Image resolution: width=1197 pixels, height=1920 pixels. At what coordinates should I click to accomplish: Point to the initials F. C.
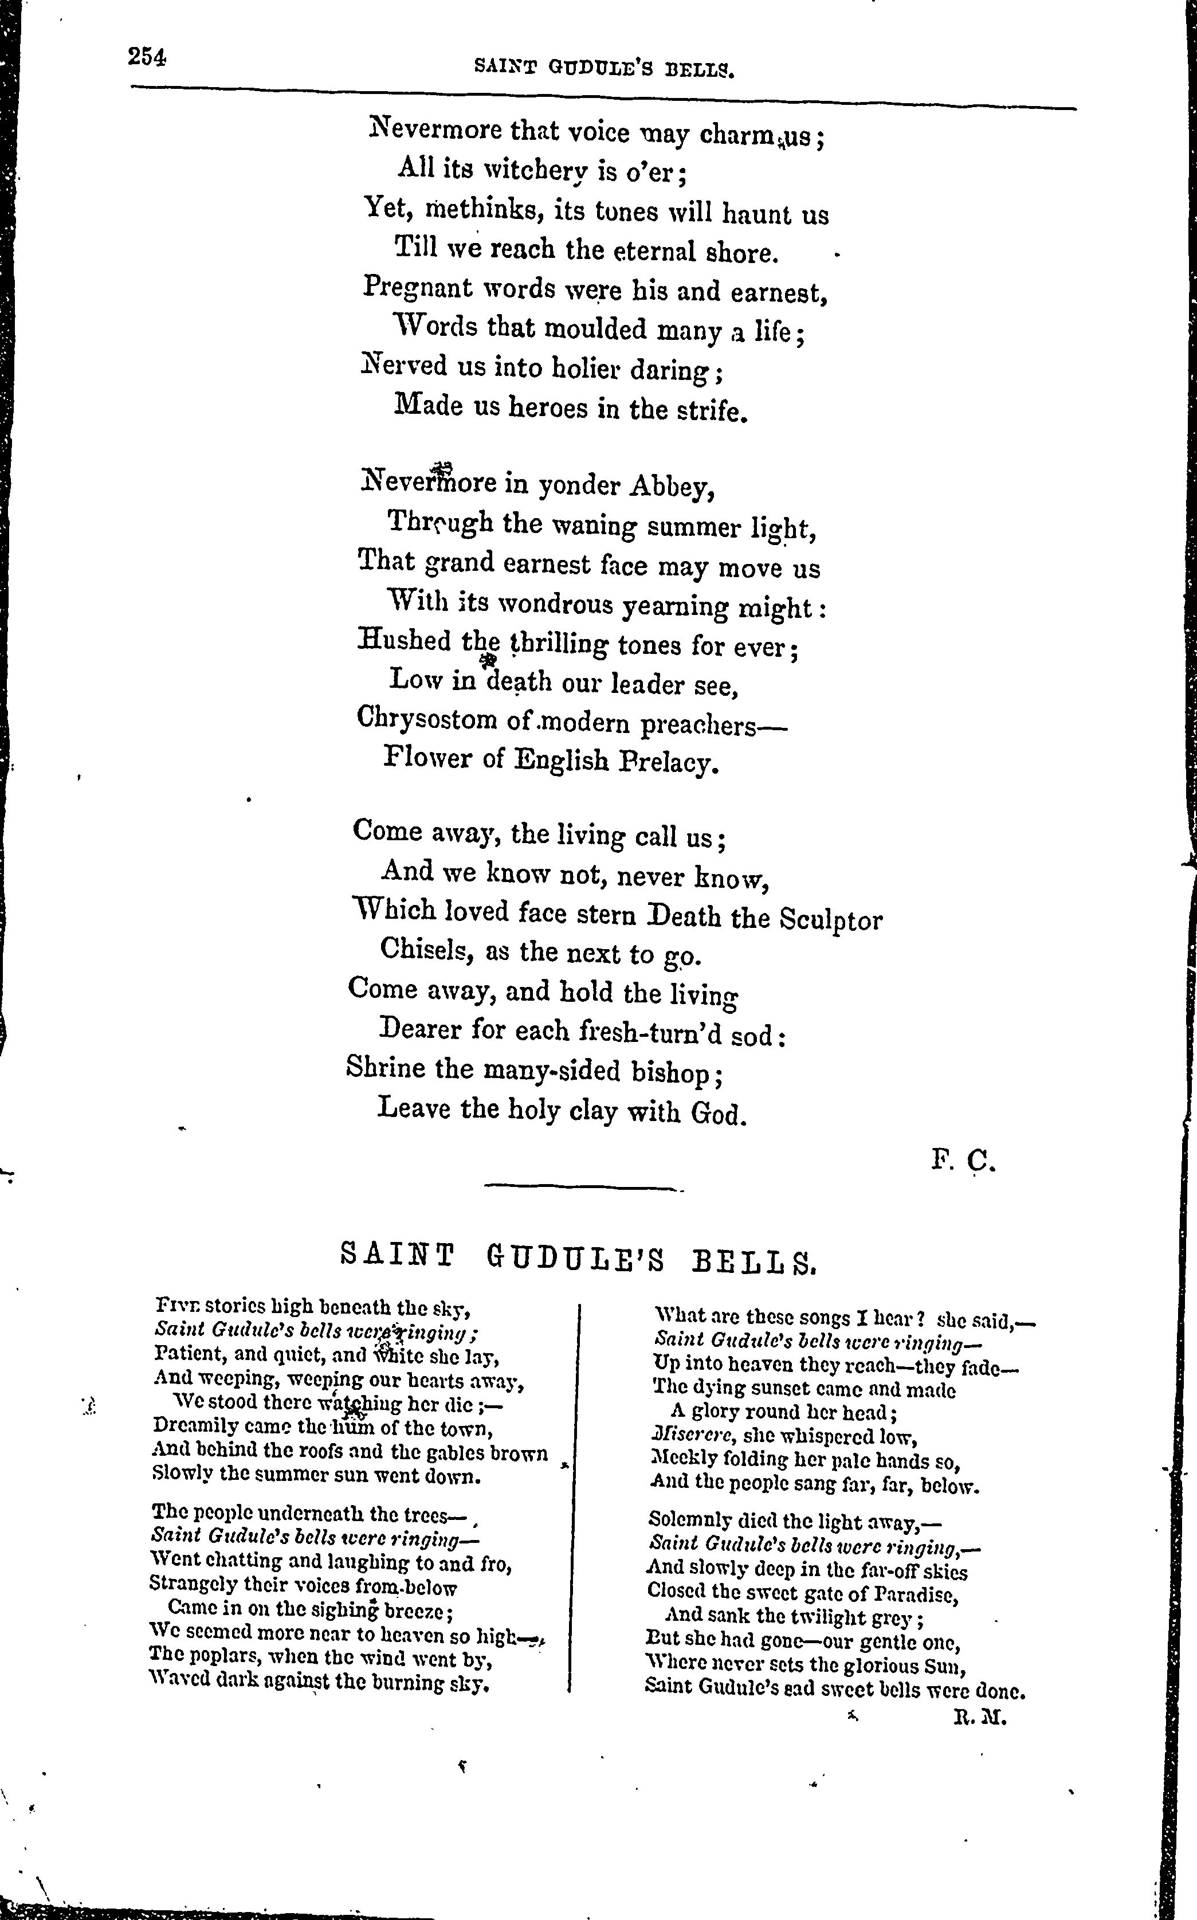(x=962, y=1161)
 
